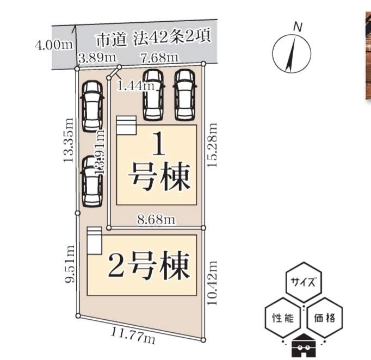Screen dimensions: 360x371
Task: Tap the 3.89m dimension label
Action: click(x=97, y=57)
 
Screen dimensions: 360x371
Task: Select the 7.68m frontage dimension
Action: click(x=159, y=57)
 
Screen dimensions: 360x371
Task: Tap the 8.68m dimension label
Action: click(x=156, y=219)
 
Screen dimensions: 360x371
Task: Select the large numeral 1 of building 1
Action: click(x=158, y=146)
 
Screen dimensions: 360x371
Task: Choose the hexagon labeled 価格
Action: click(x=324, y=318)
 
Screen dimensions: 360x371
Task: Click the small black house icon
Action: click(x=304, y=346)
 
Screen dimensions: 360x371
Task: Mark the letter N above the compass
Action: click(x=297, y=26)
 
